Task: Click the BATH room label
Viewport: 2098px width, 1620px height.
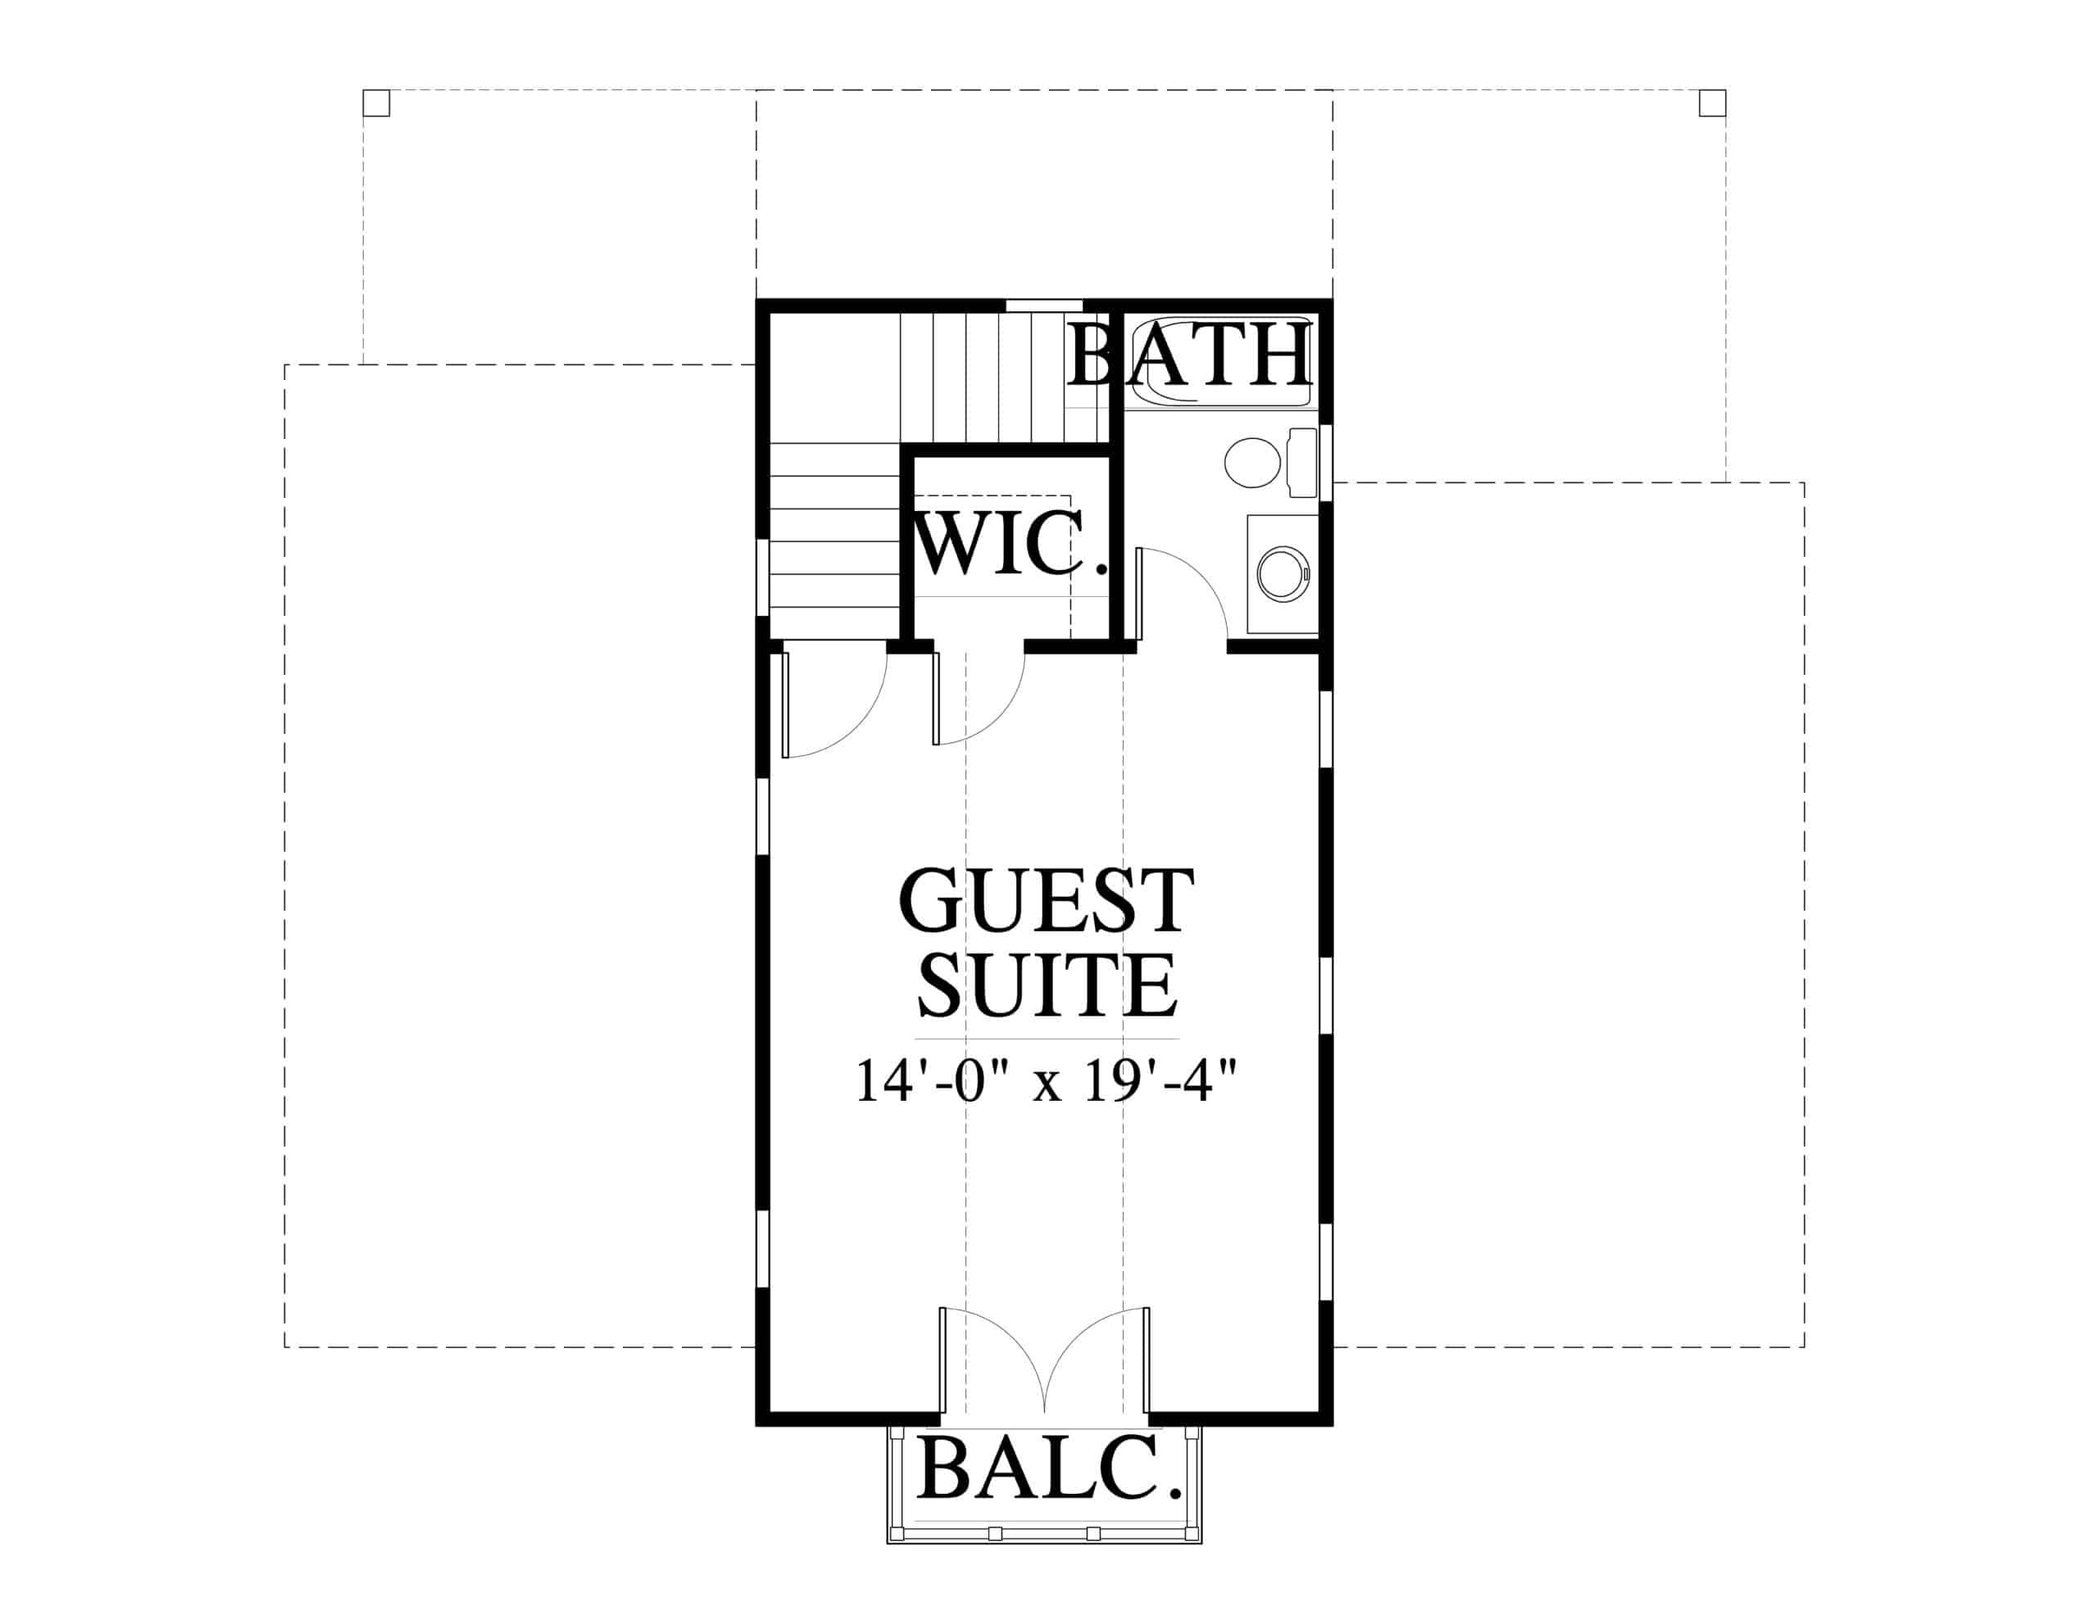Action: (1189, 355)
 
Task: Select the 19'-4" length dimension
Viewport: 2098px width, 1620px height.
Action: (1156, 1081)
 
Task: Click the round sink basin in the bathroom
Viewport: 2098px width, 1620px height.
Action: (1283, 574)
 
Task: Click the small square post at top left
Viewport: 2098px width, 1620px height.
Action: (375, 102)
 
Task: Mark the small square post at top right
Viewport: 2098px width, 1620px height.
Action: (1712, 102)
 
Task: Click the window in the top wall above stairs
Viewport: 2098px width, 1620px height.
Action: (1044, 305)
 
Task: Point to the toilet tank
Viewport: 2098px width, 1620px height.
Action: (1302, 463)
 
